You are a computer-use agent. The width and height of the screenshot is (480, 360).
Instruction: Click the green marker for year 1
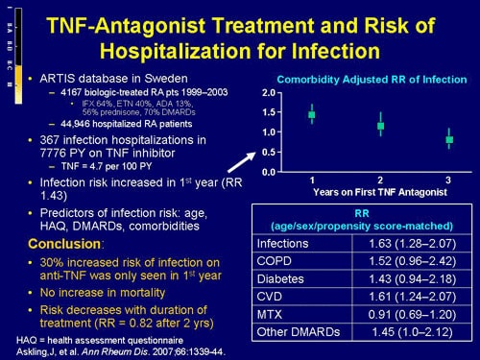click(x=311, y=115)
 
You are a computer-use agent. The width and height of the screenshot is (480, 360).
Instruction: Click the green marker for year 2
click(x=381, y=126)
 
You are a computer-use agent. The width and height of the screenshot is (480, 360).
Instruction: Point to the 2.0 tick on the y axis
click(x=269, y=92)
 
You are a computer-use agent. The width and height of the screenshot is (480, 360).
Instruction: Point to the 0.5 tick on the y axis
click(x=269, y=152)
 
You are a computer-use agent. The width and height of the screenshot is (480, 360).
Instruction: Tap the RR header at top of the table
click(x=362, y=213)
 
